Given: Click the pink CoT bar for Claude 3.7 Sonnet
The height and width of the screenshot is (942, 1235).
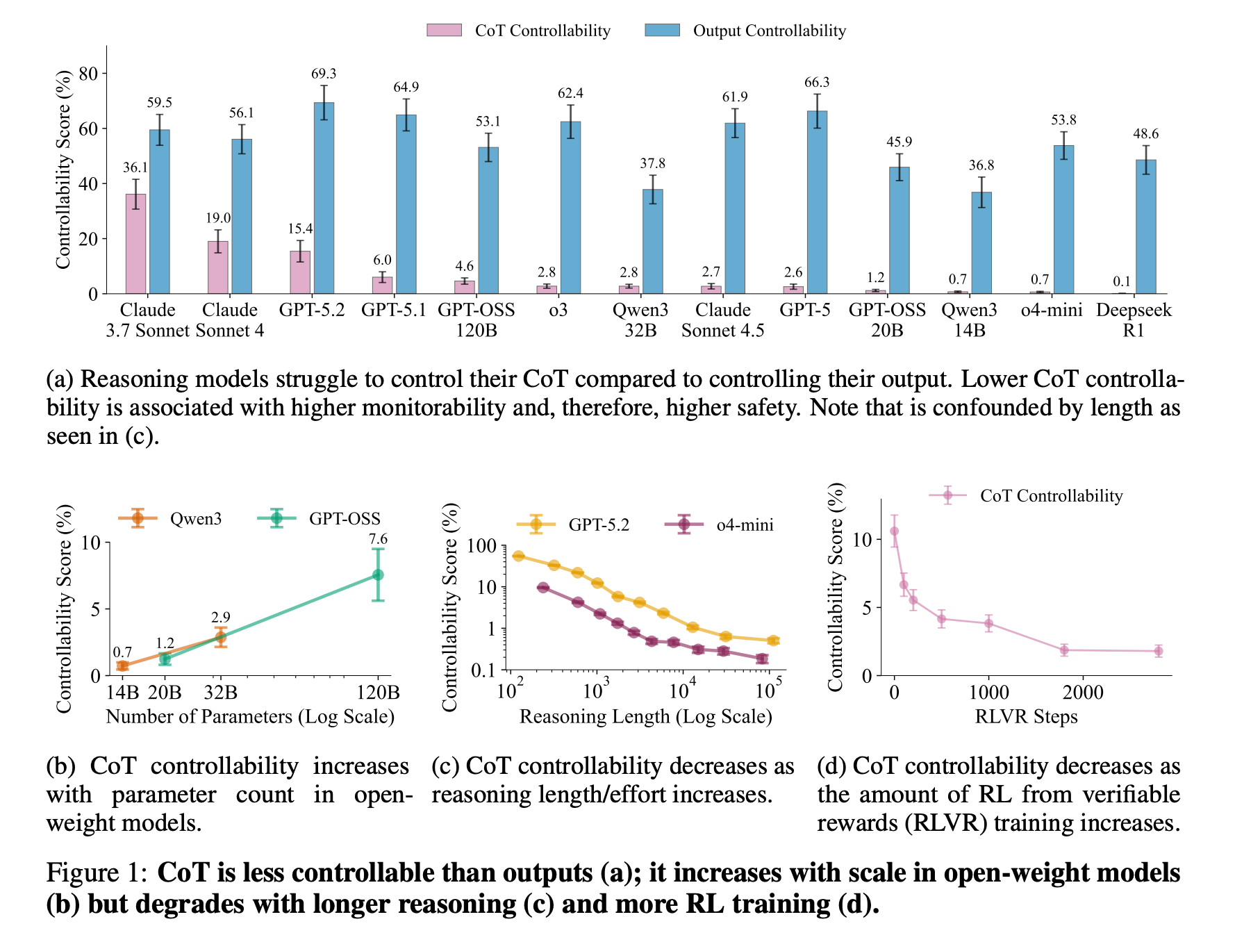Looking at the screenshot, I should click(135, 244).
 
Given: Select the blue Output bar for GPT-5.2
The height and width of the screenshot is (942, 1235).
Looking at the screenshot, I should click(324, 198).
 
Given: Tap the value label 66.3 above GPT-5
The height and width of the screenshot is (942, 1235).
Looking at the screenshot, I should click(817, 83).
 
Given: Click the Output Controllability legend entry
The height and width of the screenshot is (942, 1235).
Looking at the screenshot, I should click(769, 31).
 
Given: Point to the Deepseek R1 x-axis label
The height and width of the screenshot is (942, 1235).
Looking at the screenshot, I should click(1134, 320).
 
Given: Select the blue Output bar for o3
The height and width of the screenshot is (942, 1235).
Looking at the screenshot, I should click(570, 208).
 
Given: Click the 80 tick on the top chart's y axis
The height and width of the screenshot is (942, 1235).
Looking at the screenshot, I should click(89, 74).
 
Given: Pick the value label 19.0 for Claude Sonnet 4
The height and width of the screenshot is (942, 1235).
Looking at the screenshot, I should click(217, 218).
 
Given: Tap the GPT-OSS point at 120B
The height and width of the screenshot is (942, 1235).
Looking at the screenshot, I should click(378, 575).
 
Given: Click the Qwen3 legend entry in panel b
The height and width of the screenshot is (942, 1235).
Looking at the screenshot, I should click(195, 519).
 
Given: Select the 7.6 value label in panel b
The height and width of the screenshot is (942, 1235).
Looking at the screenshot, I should click(378, 539).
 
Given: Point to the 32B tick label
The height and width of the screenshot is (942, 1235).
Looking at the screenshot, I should click(220, 693).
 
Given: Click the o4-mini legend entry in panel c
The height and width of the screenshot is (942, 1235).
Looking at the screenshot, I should click(745, 524).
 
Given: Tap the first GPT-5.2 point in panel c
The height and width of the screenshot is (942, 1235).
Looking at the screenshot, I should click(518, 556).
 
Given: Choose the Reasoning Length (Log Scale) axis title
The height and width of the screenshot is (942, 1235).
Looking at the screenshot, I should click(645, 716).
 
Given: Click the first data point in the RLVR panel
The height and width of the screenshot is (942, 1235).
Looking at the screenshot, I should click(894, 531).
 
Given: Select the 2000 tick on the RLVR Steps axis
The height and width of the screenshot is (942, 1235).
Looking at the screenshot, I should click(1083, 693).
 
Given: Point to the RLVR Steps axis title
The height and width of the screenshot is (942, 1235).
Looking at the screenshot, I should click(1026, 716).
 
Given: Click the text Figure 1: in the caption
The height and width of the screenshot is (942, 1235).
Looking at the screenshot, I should click(97, 873).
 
